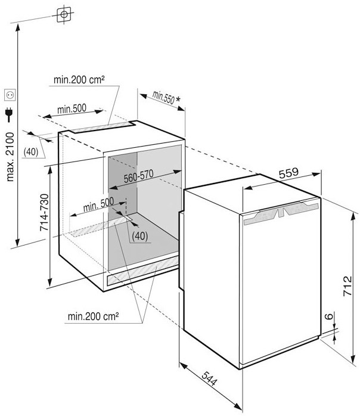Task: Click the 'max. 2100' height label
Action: (10, 157)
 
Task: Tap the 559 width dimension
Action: (288, 173)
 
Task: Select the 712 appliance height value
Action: (347, 286)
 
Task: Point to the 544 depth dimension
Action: (209, 378)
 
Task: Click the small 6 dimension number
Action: (329, 316)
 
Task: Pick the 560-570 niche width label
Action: (138, 176)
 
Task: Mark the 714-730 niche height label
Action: (44, 212)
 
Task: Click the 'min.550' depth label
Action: (163, 97)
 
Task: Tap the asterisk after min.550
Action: (178, 99)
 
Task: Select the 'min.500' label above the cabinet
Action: (72, 109)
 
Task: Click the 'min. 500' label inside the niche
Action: (98, 204)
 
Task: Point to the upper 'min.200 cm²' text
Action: (79, 80)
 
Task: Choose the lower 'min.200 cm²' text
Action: (93, 316)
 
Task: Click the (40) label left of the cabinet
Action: (31, 152)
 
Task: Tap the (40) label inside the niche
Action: (140, 236)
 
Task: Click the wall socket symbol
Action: (10, 95)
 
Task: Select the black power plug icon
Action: (9, 114)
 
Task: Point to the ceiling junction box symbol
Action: (64, 14)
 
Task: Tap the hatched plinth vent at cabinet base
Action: (142, 271)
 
